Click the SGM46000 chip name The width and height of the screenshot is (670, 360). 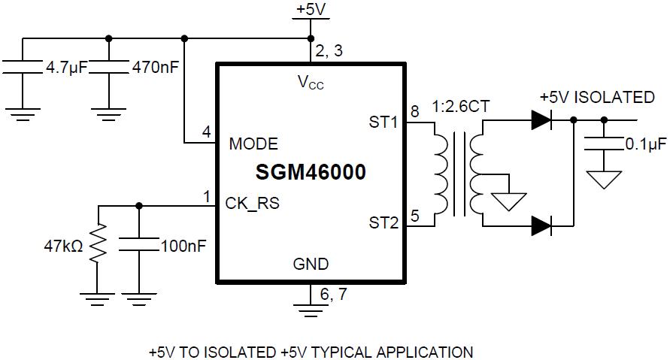pos(311,173)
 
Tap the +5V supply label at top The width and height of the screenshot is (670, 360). pos(311,10)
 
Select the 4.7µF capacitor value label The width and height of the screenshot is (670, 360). pos(67,68)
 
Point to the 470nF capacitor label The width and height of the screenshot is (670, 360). pos(155,68)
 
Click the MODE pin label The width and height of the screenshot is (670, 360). pos(253,144)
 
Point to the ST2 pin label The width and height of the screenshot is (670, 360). pos(383,222)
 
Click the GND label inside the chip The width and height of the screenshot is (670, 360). pos(311,265)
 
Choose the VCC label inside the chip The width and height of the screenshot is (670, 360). pos(311,82)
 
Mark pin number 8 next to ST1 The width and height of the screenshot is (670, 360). pos(414,111)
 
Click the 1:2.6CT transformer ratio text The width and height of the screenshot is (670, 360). pos(461,107)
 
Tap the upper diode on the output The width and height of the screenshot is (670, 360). pos(541,119)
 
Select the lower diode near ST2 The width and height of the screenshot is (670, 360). pos(541,224)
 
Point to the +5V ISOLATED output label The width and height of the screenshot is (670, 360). pos(597,98)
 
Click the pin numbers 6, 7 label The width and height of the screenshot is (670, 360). pos(333,295)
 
